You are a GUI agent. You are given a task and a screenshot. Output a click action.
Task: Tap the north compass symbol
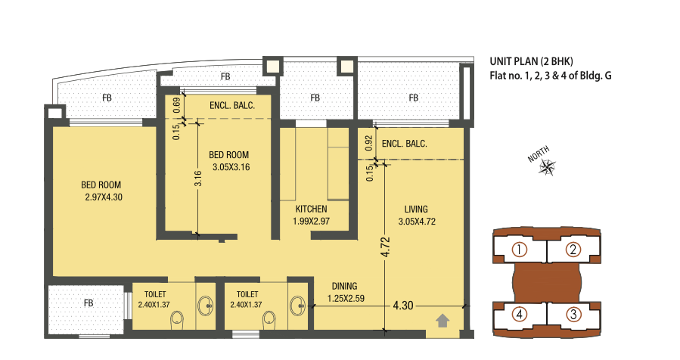click(x=546, y=167)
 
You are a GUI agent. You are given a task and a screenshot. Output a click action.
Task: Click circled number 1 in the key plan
click(x=520, y=250)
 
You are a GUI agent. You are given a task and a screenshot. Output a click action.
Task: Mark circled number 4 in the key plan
click(x=520, y=313)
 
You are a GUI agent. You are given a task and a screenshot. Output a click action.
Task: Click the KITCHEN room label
click(x=311, y=209)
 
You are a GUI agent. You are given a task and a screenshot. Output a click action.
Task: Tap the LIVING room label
click(x=416, y=209)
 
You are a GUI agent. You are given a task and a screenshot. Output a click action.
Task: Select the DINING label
click(x=344, y=286)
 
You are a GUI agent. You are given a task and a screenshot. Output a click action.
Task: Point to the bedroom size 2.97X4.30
click(x=104, y=198)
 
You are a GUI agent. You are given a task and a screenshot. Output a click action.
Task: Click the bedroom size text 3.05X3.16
click(x=231, y=167)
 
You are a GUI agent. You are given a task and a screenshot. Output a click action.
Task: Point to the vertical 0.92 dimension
click(x=369, y=141)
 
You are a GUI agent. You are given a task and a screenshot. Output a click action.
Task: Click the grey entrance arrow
click(x=443, y=321)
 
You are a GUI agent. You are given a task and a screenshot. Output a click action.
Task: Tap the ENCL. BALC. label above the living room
click(x=405, y=143)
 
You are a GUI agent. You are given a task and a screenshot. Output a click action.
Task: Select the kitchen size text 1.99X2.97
click(x=311, y=222)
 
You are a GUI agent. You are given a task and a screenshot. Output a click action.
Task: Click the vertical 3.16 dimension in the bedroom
click(x=197, y=179)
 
